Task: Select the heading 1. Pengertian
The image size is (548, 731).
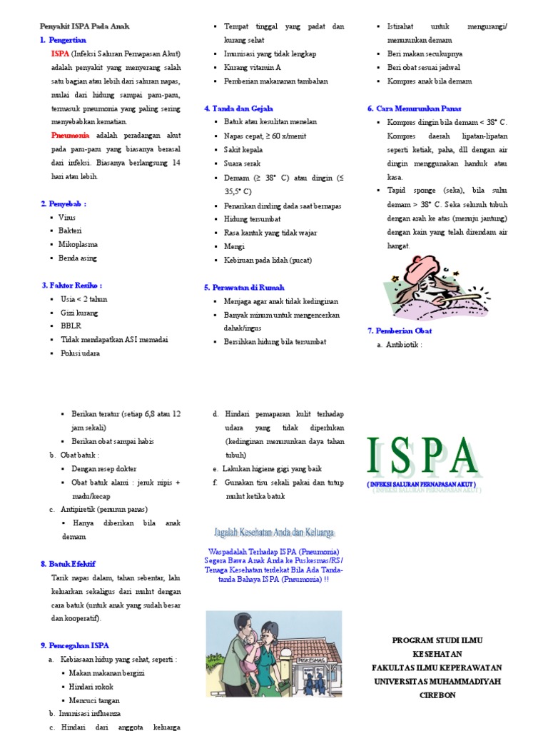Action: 64,40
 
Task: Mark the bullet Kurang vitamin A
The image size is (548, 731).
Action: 253,67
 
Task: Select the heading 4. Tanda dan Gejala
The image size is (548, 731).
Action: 238,109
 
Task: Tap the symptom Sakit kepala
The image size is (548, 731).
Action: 243,150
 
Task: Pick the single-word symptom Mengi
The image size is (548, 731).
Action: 234,246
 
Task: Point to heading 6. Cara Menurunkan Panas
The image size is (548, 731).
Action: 414,109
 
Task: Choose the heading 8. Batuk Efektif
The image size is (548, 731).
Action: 68,564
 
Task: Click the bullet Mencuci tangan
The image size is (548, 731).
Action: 96,700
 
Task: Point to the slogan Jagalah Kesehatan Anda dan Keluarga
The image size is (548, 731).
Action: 275,533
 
